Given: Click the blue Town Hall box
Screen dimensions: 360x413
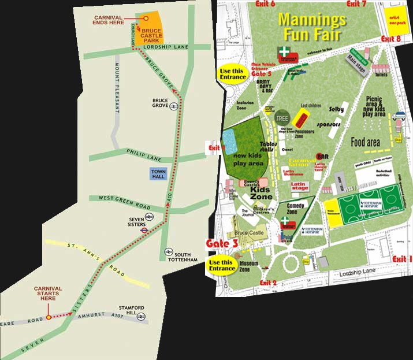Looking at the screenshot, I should pyautogui.click(x=158, y=174).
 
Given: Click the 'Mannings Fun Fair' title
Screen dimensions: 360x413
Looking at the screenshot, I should pyautogui.click(x=312, y=27).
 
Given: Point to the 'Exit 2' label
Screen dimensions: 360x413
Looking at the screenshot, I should pyautogui.click(x=269, y=283).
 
